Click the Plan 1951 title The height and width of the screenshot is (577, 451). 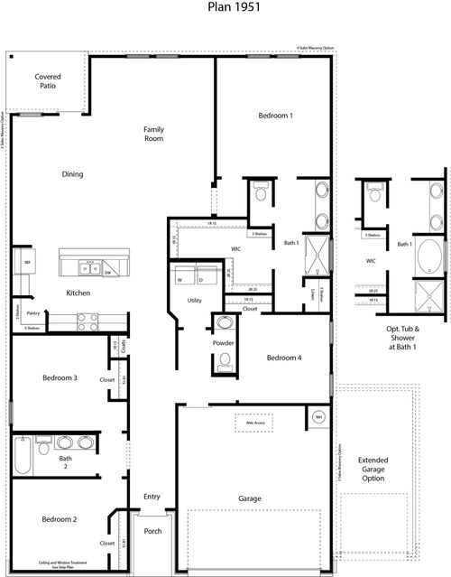[x=225, y=11]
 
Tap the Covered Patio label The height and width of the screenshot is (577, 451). [x=48, y=83]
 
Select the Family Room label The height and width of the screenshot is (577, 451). [x=153, y=135]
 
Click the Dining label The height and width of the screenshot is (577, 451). [x=72, y=174]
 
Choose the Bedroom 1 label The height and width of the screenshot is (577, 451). [x=275, y=116]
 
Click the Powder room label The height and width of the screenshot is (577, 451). [x=224, y=343]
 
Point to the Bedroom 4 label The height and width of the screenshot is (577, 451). [x=284, y=358]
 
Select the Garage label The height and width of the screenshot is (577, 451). [x=250, y=498]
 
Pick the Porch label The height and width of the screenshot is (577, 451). [x=153, y=531]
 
